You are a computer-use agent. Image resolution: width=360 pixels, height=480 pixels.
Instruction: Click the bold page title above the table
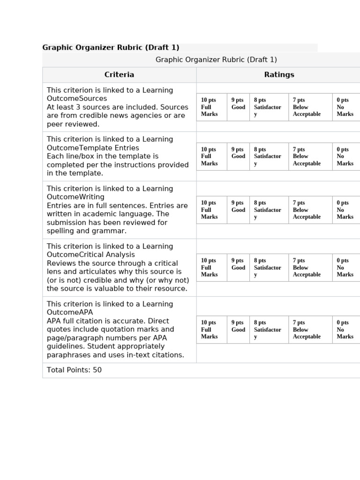click(x=111, y=47)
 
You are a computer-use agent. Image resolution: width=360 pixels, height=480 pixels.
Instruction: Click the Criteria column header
click(x=119, y=75)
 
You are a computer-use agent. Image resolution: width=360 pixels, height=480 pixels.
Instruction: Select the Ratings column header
click(x=279, y=75)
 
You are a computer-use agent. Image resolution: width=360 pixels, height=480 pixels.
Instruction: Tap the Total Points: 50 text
click(x=74, y=370)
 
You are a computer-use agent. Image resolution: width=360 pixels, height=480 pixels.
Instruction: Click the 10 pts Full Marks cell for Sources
click(x=211, y=107)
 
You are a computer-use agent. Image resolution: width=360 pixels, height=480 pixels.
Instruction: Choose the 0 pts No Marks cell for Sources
click(x=345, y=107)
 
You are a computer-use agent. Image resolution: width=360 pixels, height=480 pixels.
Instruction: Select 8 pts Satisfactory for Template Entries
click(x=268, y=157)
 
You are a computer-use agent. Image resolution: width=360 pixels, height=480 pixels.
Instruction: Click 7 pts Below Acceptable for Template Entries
click(x=309, y=157)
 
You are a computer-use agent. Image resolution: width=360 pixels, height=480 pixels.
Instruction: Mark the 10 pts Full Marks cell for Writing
click(x=211, y=210)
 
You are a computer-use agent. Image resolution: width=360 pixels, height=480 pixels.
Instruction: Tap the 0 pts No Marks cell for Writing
click(x=345, y=210)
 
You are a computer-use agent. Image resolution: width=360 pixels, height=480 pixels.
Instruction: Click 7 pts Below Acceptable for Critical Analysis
click(x=309, y=268)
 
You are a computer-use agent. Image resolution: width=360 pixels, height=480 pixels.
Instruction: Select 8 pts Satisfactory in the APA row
click(x=268, y=330)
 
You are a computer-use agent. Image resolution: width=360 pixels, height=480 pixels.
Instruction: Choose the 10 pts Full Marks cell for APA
click(x=211, y=330)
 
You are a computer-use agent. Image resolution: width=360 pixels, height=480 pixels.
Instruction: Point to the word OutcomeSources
click(x=77, y=98)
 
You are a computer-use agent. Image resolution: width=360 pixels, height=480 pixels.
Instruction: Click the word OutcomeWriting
click(x=75, y=197)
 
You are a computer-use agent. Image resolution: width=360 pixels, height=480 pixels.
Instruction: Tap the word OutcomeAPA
click(x=70, y=312)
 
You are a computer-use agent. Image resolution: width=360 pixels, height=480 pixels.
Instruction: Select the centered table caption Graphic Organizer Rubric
click(x=216, y=60)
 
